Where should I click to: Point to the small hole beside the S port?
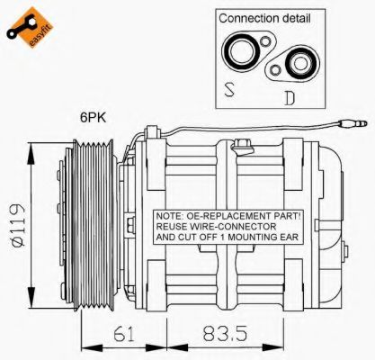coord(269,47)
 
